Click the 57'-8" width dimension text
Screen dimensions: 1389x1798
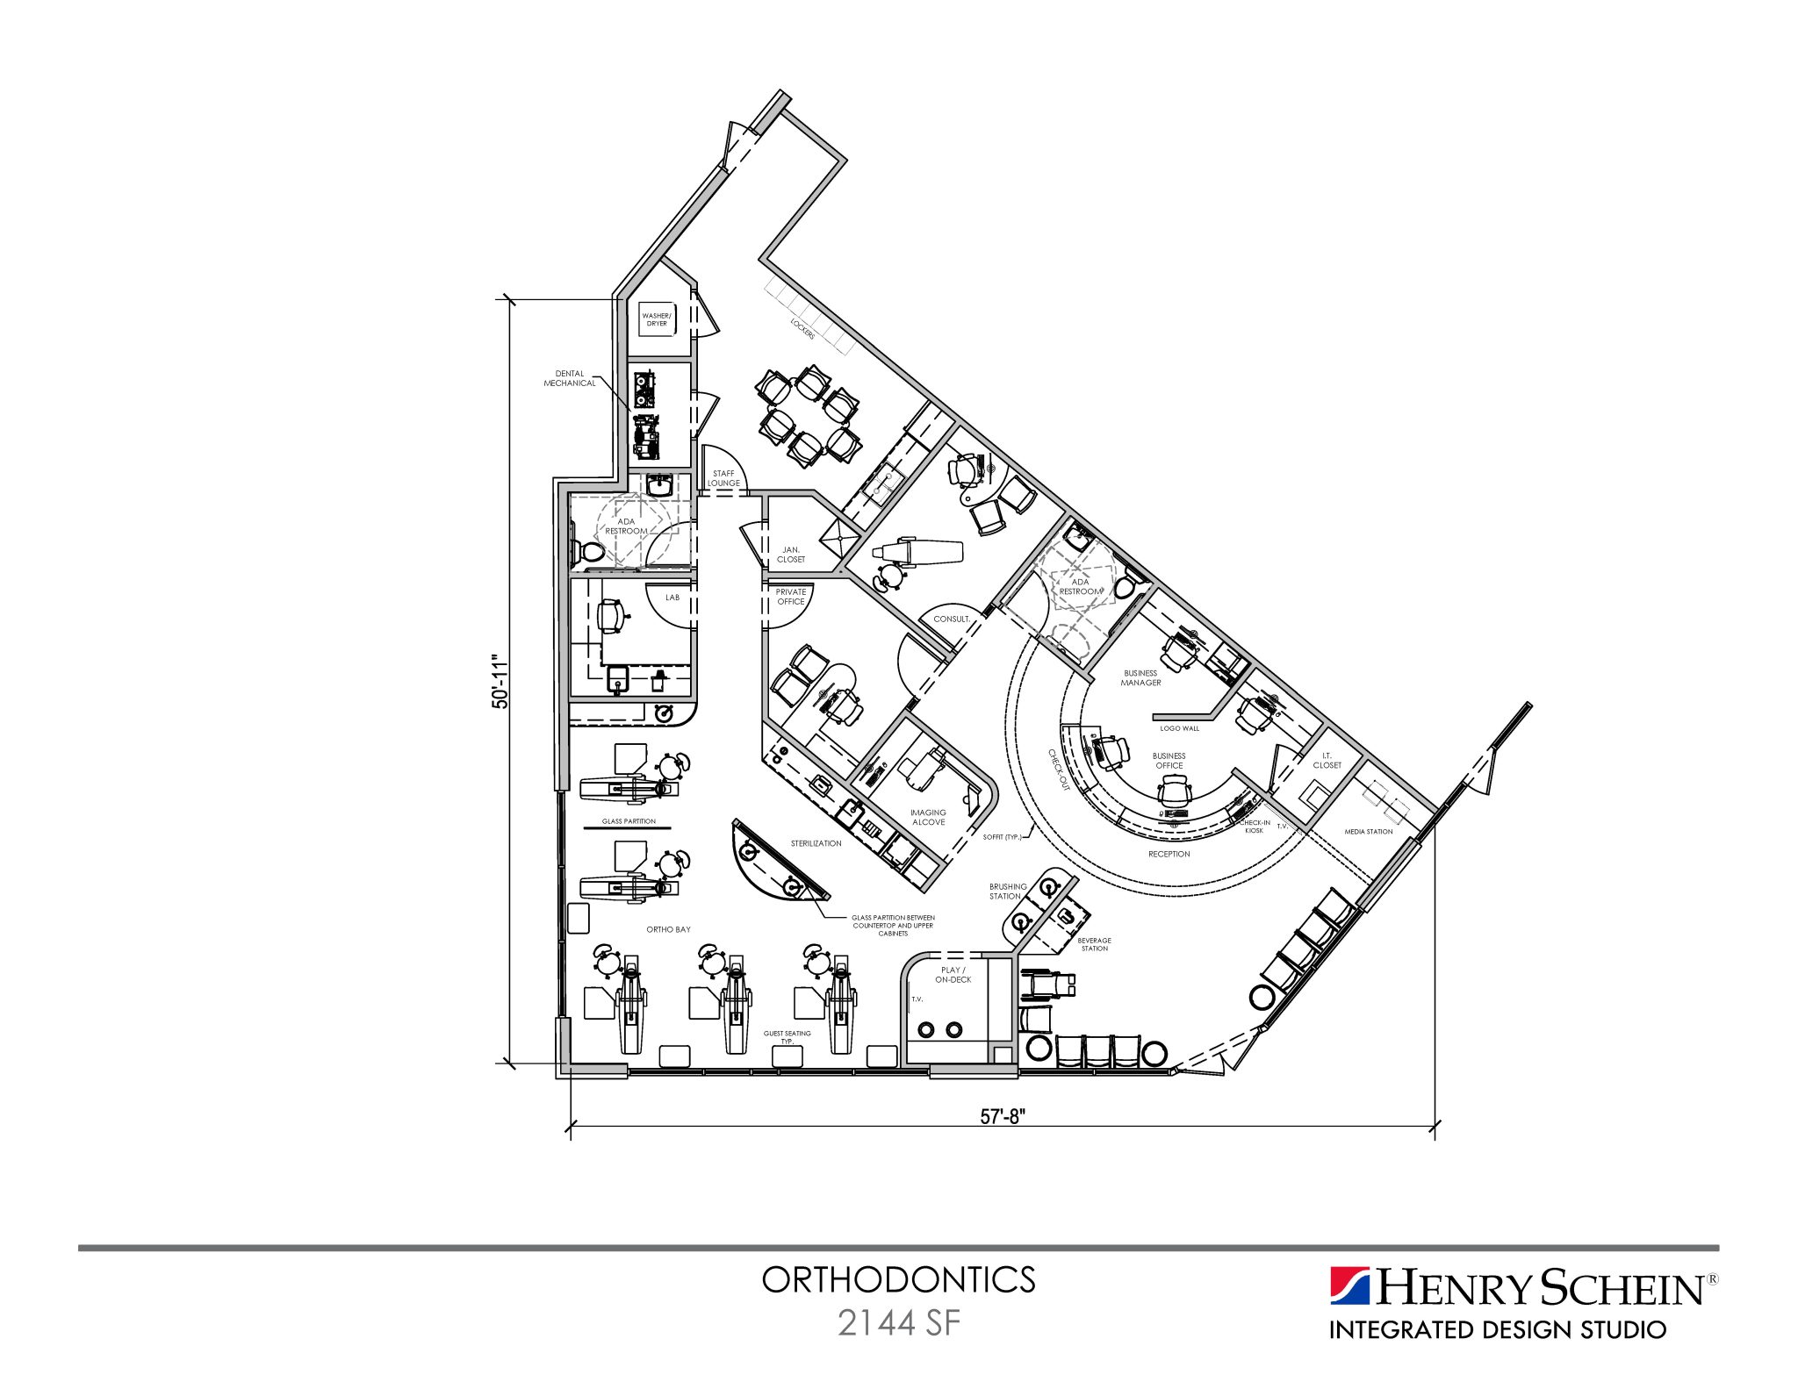tap(1003, 1116)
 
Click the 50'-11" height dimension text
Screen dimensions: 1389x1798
tap(500, 681)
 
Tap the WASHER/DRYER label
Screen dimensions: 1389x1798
tap(657, 319)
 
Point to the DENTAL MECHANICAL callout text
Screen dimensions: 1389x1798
tap(569, 378)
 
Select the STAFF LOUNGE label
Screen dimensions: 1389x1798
tap(723, 478)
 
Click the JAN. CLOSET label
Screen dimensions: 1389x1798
tap(790, 555)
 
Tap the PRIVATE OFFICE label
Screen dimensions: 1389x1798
tap(790, 597)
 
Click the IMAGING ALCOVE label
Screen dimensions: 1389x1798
tap(928, 817)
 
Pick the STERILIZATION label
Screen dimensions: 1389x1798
tap(816, 843)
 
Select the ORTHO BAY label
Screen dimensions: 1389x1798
tap(668, 929)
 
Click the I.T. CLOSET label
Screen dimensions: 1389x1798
tap(1327, 760)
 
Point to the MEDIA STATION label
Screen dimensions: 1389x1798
tap(1368, 832)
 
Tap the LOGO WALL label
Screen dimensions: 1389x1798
tap(1179, 728)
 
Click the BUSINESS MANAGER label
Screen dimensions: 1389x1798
tap(1140, 677)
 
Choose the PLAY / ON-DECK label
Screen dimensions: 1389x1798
tap(953, 975)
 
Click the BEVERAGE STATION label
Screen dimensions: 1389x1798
tap(1094, 944)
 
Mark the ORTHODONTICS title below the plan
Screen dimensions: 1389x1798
tap(898, 1280)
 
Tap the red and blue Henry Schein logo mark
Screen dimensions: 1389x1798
tap(1349, 1286)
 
